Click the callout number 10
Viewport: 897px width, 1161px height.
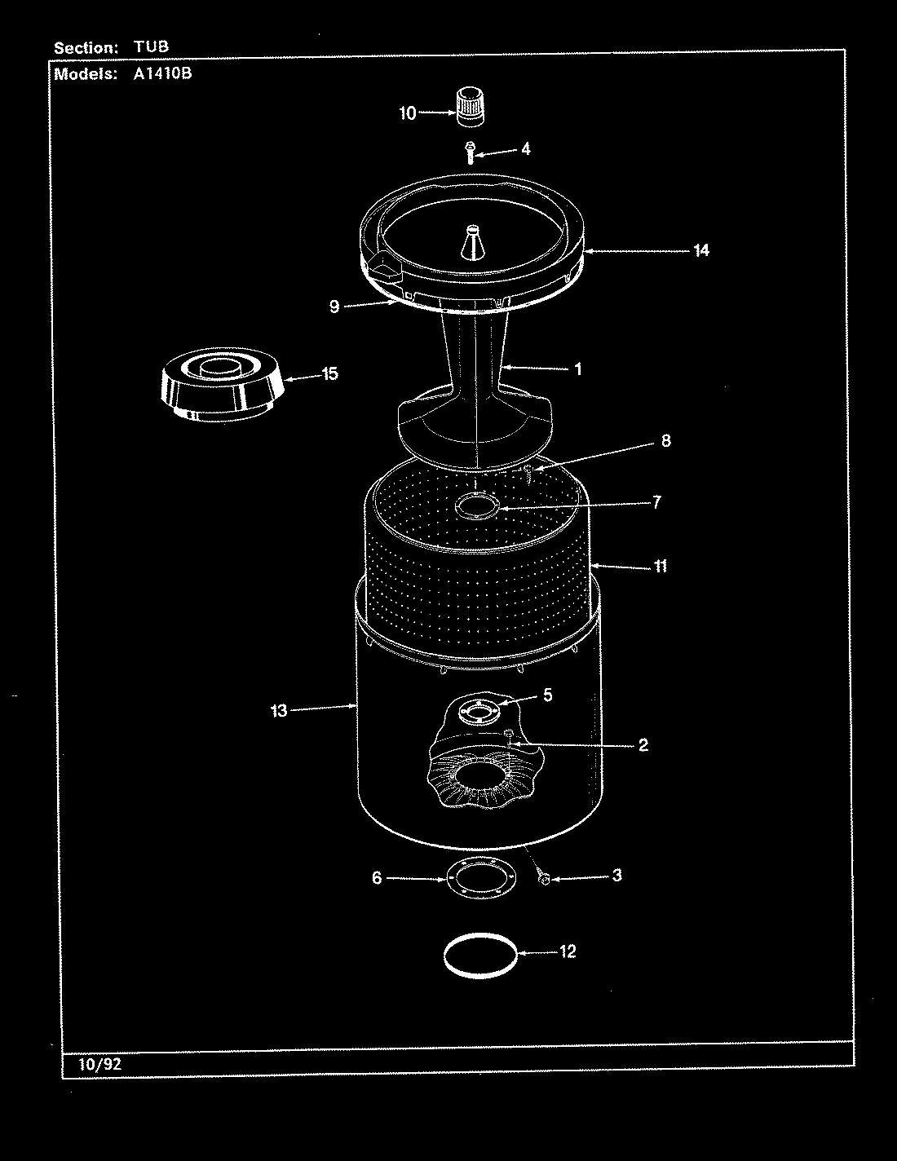pyautogui.click(x=407, y=113)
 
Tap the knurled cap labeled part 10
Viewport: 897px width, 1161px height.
pyautogui.click(x=468, y=106)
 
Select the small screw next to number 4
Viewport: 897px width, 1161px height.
pyautogui.click(x=470, y=152)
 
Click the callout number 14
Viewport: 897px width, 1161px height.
pyautogui.click(x=701, y=250)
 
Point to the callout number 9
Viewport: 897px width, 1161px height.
pyautogui.click(x=334, y=307)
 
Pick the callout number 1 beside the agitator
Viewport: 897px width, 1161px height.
pyautogui.click(x=577, y=369)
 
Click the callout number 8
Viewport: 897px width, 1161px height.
pyautogui.click(x=665, y=441)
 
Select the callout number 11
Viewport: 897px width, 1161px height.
pyautogui.click(x=660, y=566)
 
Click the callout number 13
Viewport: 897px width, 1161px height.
pyautogui.click(x=279, y=711)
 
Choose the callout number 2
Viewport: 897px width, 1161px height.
pyautogui.click(x=643, y=744)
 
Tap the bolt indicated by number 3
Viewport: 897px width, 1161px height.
pyautogui.click(x=545, y=878)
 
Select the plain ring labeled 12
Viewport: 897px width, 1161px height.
pyautogui.click(x=480, y=952)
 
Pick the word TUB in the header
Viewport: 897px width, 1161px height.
pyautogui.click(x=151, y=47)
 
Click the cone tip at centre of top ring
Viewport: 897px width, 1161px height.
pyautogui.click(x=471, y=241)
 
